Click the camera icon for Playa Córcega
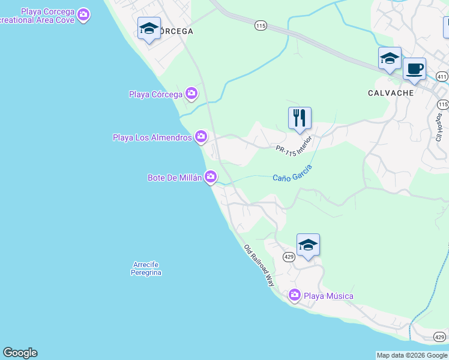[x=191, y=93]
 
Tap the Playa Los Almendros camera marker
[x=201, y=137]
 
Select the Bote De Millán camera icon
[x=211, y=176]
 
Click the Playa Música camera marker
[x=295, y=295]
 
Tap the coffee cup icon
[x=414, y=68]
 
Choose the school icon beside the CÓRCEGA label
[x=149, y=28]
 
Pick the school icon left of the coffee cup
[x=390, y=58]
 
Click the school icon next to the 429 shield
[x=308, y=244]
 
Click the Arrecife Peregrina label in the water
[x=147, y=268]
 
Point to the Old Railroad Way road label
[x=259, y=265]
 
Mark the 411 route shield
[x=442, y=77]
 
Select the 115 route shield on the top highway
[x=260, y=25]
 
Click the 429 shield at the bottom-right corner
[x=441, y=337]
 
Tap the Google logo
[x=20, y=353]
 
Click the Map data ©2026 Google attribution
[x=412, y=355]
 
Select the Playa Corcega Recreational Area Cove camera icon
[x=83, y=13]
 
